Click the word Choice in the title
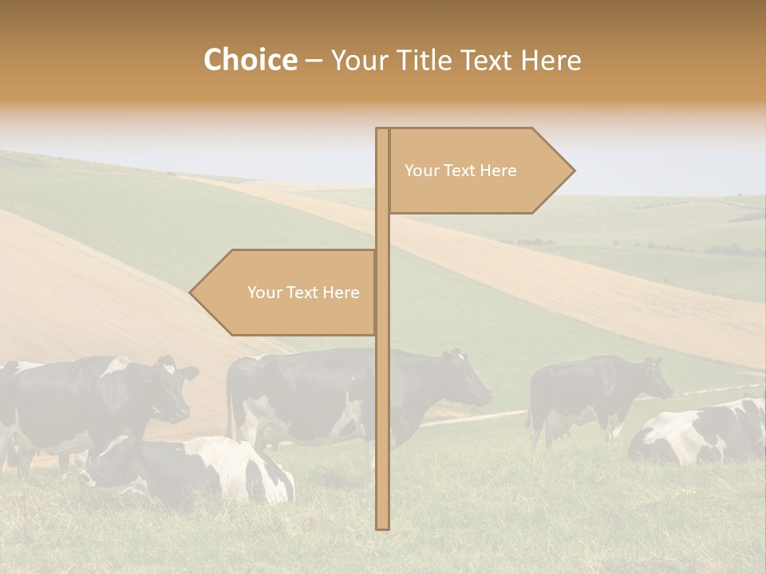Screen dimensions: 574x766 (x=250, y=60)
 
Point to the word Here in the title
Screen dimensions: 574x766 (x=551, y=61)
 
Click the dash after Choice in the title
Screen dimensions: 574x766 (x=314, y=61)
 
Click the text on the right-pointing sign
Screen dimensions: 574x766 (x=460, y=171)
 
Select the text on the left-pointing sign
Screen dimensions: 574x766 (x=303, y=293)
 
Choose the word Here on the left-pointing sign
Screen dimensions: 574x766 (x=341, y=293)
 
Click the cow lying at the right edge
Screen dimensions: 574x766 (x=702, y=434)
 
